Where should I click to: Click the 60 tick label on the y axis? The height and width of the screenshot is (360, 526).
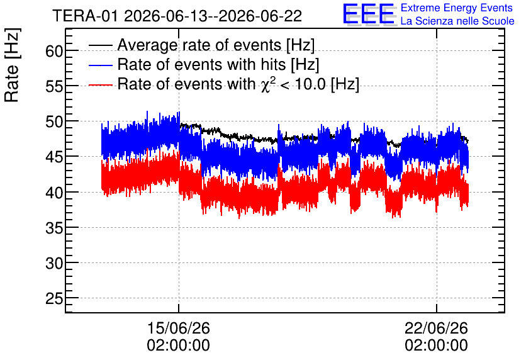click(x=54, y=52)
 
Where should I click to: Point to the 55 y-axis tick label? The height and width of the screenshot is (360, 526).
click(x=54, y=87)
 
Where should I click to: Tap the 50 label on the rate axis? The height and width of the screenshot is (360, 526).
click(x=54, y=122)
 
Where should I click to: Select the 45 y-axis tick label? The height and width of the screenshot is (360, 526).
click(x=54, y=157)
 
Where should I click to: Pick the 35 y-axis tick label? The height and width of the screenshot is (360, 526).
click(x=54, y=228)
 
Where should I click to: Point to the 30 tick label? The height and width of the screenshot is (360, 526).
click(x=54, y=264)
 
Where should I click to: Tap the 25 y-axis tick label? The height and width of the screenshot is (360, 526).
click(x=54, y=298)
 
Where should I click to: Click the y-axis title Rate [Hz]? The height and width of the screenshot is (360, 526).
click(x=12, y=65)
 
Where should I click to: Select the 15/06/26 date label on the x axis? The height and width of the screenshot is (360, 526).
click(x=179, y=328)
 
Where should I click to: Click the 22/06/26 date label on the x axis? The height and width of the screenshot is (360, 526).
click(x=436, y=328)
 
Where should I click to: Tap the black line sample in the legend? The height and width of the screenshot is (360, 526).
click(x=100, y=45)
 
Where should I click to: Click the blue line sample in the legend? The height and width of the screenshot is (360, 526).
click(x=100, y=65)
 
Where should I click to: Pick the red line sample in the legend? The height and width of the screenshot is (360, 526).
click(x=100, y=85)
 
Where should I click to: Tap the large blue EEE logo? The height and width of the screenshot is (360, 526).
click(x=369, y=14)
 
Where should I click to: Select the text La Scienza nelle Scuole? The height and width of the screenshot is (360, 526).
click(x=457, y=21)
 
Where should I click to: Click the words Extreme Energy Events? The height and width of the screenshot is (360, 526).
click(x=457, y=8)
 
